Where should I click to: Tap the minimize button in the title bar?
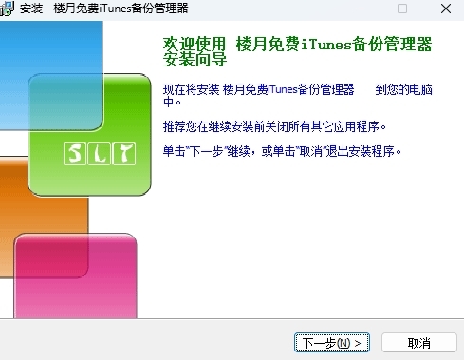[x=358, y=9]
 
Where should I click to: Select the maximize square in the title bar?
[x=401, y=9]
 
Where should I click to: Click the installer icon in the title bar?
[x=9, y=9]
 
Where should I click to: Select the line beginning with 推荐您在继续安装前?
[x=276, y=126]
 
